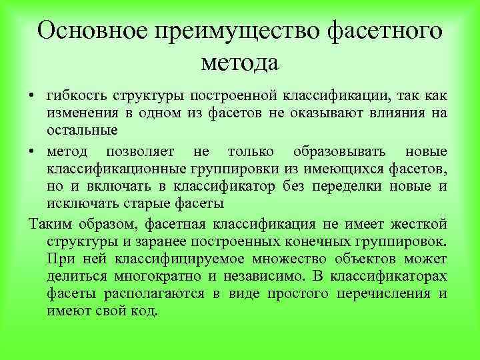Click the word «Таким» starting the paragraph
click(x=48, y=222)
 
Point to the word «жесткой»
click(x=419, y=222)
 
